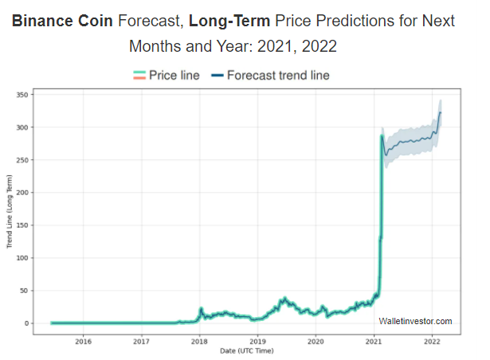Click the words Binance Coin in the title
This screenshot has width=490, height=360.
(x=61, y=22)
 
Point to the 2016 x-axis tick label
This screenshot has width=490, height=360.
(x=83, y=342)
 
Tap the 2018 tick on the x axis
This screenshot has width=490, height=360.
(x=199, y=342)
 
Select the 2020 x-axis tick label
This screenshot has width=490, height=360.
(x=316, y=342)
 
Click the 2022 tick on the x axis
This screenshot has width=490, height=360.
(x=432, y=342)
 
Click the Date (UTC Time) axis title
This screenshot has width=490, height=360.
(x=247, y=351)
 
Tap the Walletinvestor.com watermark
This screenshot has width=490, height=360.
(x=415, y=321)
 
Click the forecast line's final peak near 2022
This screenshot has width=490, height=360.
(x=440, y=112)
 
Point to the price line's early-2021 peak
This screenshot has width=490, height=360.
(x=382, y=137)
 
